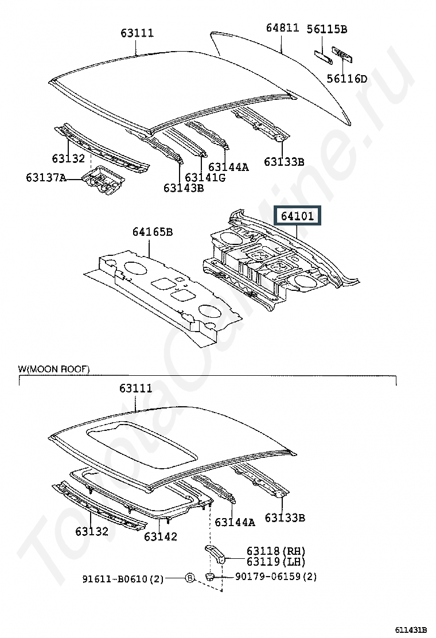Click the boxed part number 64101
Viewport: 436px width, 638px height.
(x=297, y=216)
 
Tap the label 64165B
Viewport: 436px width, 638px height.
(x=152, y=232)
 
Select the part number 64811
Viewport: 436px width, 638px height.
(x=283, y=28)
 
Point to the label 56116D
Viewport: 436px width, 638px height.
(x=347, y=79)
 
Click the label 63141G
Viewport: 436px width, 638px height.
(x=205, y=177)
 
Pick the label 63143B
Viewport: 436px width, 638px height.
(x=184, y=188)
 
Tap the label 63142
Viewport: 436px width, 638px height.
(x=160, y=536)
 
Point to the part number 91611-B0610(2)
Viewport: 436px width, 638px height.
(x=123, y=579)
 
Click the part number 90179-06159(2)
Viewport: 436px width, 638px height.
(x=275, y=576)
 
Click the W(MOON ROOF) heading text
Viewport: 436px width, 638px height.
(x=54, y=369)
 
